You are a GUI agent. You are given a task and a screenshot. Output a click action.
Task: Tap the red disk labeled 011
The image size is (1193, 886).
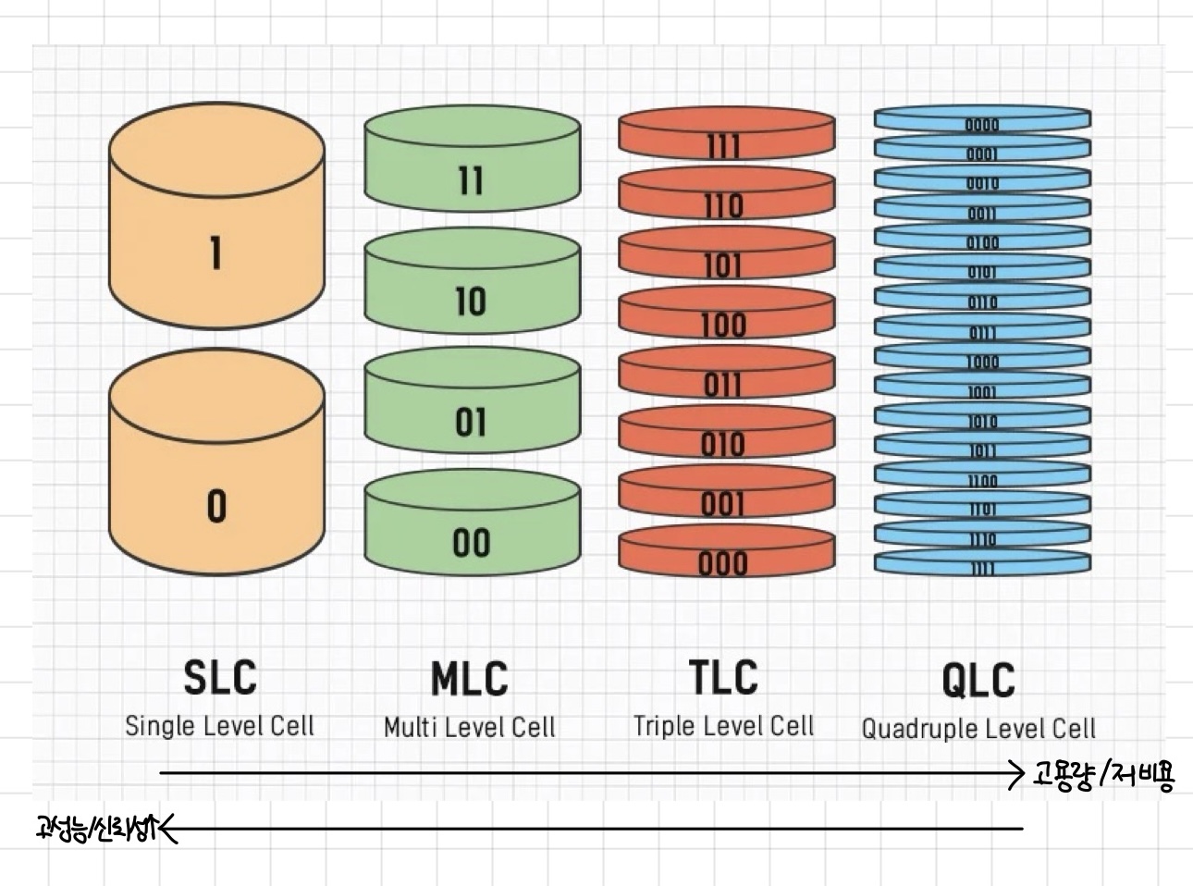[x=726, y=375]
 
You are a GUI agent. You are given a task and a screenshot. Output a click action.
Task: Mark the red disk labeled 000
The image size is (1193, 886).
[x=726, y=555]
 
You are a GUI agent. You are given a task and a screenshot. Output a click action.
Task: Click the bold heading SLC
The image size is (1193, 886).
[x=219, y=677]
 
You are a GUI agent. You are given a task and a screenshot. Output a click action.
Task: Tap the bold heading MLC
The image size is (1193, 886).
[x=470, y=679]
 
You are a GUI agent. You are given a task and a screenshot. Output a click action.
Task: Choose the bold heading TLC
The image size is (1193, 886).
[x=723, y=677]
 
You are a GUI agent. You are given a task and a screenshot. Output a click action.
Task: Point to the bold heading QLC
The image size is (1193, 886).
[x=978, y=681]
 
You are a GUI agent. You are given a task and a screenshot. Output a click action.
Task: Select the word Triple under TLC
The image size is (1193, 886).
[x=663, y=726]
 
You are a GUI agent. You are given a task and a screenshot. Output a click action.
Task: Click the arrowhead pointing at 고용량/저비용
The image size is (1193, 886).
[x=1018, y=773]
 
